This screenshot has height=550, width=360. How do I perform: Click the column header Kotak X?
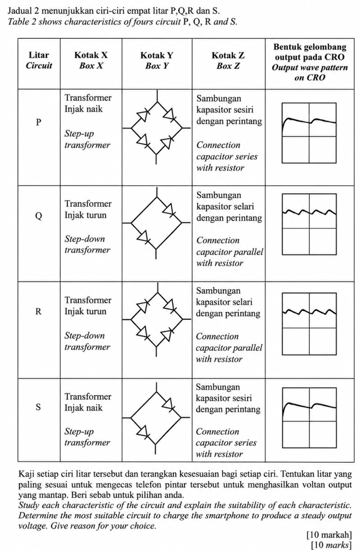click(x=91, y=55)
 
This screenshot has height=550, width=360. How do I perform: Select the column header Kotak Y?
click(x=157, y=55)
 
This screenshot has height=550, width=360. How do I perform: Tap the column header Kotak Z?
click(x=228, y=55)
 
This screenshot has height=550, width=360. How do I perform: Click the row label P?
click(x=38, y=122)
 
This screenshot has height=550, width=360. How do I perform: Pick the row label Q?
click(x=39, y=216)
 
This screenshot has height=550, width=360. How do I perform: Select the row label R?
click(x=38, y=311)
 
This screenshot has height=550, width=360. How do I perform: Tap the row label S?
click(x=38, y=407)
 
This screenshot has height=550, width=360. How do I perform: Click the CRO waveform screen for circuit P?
click(x=309, y=133)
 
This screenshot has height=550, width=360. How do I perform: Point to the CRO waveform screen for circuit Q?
click(x=310, y=224)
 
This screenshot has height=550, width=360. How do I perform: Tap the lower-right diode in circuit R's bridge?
click(x=167, y=335)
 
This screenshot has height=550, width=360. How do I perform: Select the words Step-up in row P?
click(x=79, y=134)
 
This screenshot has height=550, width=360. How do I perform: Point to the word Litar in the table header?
click(x=39, y=55)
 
